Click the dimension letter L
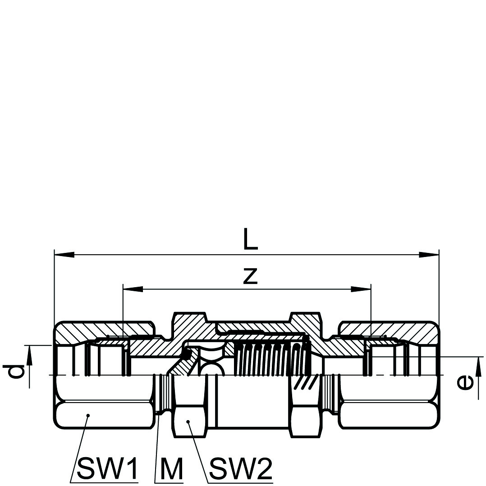click(251, 239)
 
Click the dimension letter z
click(251, 276)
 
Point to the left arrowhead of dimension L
click(64, 255)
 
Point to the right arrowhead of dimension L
click(429, 255)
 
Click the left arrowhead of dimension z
click(133, 289)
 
